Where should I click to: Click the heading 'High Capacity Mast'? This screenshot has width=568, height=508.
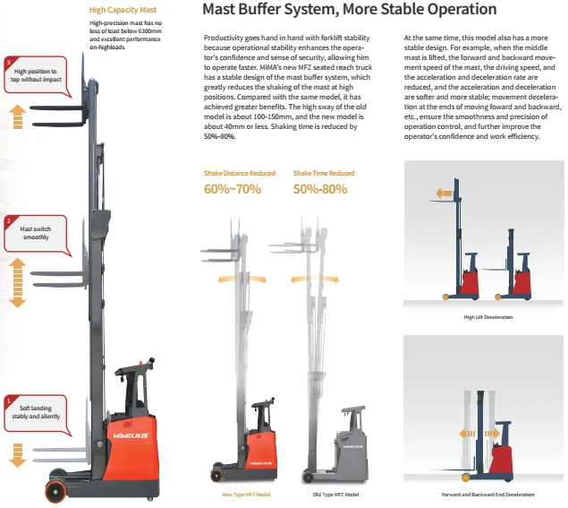(x=123, y=10)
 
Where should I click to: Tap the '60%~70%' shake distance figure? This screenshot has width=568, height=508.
(x=233, y=189)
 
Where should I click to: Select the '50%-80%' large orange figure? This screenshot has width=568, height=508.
(x=320, y=189)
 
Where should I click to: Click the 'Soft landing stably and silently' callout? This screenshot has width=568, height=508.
(x=36, y=412)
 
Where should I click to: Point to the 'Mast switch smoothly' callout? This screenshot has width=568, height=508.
(x=36, y=233)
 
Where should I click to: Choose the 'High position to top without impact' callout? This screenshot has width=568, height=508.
(x=36, y=75)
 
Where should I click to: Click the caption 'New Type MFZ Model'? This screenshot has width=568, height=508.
(x=246, y=495)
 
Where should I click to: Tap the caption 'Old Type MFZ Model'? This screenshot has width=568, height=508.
(x=335, y=495)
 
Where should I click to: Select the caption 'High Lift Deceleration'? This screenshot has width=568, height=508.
(x=488, y=317)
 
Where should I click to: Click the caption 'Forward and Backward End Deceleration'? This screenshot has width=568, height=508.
(x=488, y=495)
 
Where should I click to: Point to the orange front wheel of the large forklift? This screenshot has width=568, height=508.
(x=55, y=492)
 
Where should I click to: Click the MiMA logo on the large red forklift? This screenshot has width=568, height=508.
(x=131, y=435)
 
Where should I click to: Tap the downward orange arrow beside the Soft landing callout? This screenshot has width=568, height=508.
(x=17, y=455)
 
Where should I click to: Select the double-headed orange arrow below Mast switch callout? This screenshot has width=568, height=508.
(x=17, y=283)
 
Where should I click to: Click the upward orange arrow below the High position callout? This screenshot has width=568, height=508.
(x=17, y=116)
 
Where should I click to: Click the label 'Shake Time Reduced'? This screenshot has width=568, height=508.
(x=324, y=173)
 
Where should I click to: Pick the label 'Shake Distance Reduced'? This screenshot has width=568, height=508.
(x=240, y=173)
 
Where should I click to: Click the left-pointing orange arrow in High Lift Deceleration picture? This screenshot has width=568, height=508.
(x=444, y=194)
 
